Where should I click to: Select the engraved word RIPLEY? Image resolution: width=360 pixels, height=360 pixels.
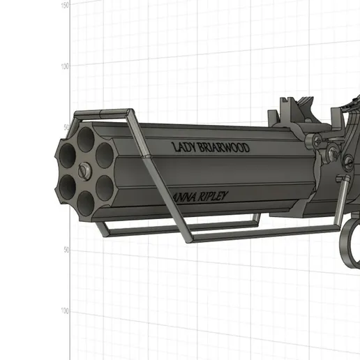tap(213, 197)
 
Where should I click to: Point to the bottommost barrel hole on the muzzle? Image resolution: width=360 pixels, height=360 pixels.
tap(86, 202)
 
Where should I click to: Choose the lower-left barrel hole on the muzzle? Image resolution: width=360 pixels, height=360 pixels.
tap(68, 185)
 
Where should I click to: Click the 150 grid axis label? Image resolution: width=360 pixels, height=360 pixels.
tap(65, 5)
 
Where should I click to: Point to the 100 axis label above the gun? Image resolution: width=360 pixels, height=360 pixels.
tap(64, 67)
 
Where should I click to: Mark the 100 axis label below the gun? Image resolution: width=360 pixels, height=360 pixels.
tap(64, 311)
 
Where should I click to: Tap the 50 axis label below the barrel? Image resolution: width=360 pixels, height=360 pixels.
tap(64, 250)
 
